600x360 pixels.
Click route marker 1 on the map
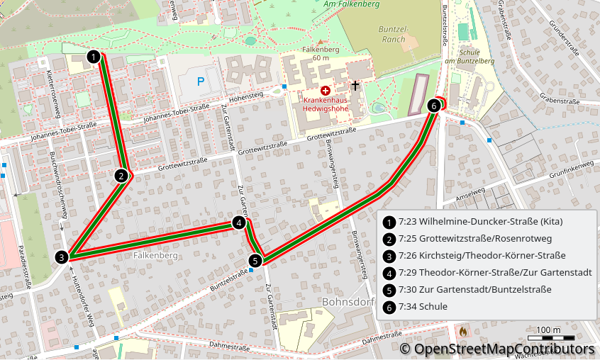coord(93,56)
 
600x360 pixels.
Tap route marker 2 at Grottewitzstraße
coord(121,176)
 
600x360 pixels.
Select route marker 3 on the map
coord(62,257)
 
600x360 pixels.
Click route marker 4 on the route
coord(240,223)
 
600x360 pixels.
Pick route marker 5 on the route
coord(256,261)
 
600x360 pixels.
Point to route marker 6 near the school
coord(434,106)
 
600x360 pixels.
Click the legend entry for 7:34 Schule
coord(423,307)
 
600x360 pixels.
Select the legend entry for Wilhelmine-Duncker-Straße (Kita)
coord(481,222)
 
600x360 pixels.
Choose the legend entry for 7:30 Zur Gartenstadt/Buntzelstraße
coord(474,290)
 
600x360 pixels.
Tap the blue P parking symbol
coord(200,81)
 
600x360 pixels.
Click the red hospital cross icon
coord(325,91)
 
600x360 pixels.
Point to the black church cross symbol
coord(355,86)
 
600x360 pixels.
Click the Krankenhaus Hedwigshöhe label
coord(326,105)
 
